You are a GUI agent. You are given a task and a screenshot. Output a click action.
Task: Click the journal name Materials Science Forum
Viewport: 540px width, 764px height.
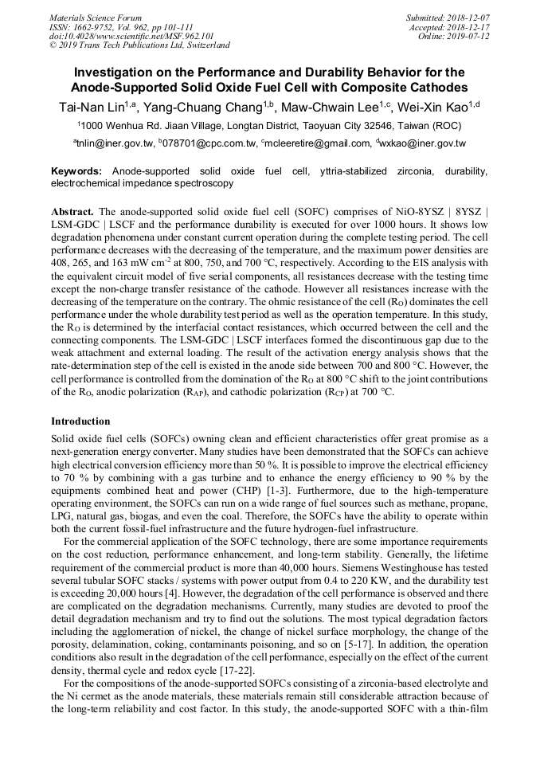click(x=96, y=18)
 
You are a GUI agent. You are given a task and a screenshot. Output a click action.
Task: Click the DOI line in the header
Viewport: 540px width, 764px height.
click(x=131, y=36)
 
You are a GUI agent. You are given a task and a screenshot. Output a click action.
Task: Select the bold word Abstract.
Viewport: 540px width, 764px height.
click(x=72, y=212)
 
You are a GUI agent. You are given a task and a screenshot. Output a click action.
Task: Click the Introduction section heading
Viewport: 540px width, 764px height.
click(x=80, y=421)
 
